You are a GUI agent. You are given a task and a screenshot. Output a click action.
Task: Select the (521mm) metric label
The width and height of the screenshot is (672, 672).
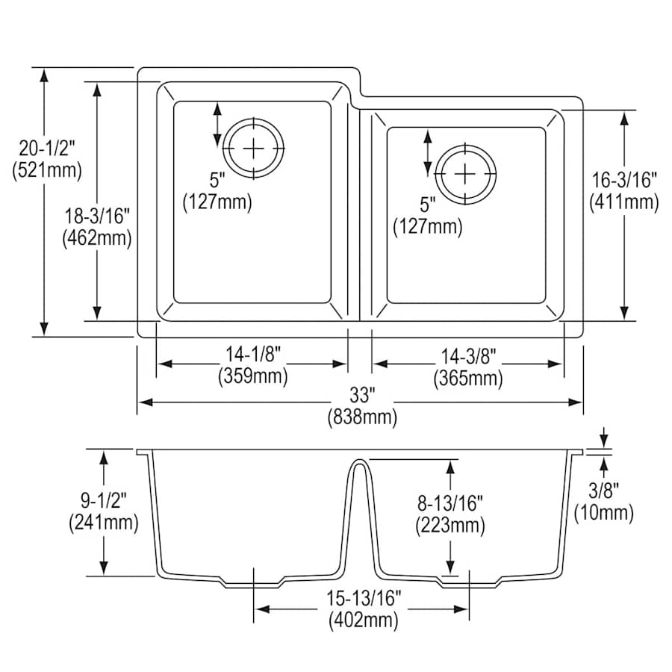(47, 171)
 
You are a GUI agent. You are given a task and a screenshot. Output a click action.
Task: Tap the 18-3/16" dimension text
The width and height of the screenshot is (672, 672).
(98, 217)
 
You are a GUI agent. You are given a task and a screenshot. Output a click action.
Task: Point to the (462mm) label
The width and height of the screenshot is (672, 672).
(98, 238)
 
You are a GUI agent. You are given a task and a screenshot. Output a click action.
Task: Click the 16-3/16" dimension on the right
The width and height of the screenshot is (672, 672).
(624, 180)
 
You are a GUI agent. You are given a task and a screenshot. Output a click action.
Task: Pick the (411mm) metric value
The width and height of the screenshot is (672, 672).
(624, 201)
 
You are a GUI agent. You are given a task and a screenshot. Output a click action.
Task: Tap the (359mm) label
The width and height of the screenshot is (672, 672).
(253, 377)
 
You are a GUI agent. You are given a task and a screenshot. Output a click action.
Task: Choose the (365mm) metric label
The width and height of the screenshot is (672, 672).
(468, 379)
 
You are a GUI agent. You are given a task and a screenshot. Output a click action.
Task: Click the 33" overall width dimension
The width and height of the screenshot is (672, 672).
(362, 396)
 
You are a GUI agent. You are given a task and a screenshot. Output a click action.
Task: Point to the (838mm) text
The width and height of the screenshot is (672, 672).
(362, 417)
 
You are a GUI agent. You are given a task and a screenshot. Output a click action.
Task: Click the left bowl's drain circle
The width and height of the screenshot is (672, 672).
(255, 148)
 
